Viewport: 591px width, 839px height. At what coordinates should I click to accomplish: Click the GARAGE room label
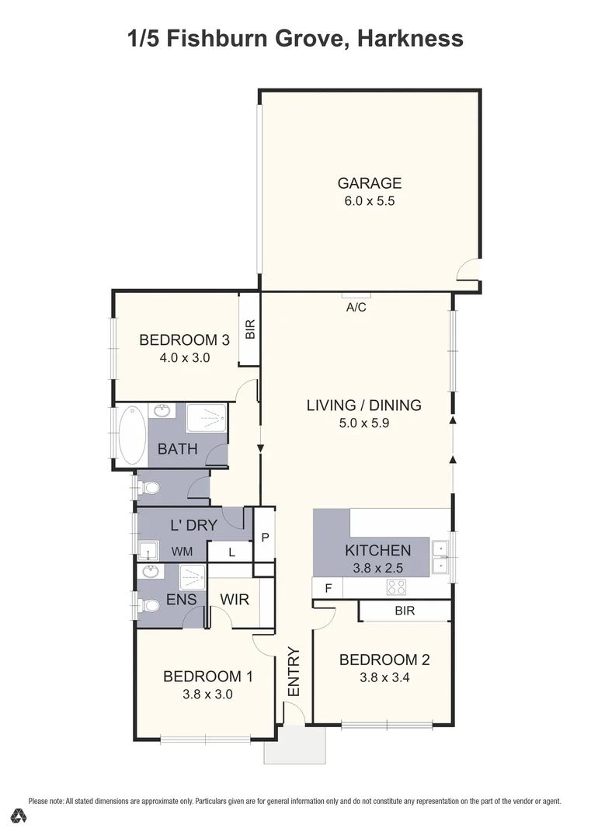369,183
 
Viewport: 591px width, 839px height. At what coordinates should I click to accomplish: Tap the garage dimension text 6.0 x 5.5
369,201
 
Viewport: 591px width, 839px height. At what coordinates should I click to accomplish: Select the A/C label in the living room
356,308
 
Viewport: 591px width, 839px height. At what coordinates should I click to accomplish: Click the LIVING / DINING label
363,405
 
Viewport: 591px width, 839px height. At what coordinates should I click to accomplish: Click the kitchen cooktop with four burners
396,588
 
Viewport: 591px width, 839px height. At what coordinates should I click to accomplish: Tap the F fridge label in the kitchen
328,588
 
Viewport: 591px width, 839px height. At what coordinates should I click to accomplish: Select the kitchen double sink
441,555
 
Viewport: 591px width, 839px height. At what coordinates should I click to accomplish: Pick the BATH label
178,449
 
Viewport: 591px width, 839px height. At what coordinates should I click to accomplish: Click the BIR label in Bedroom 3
249,330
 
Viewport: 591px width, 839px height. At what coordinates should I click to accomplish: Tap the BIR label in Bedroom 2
405,611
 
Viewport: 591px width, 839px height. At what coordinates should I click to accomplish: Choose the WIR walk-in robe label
234,600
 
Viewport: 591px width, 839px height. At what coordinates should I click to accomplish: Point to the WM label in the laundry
182,552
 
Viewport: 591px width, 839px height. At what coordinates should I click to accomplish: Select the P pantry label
265,536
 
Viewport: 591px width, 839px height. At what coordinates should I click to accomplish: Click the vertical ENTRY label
294,671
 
